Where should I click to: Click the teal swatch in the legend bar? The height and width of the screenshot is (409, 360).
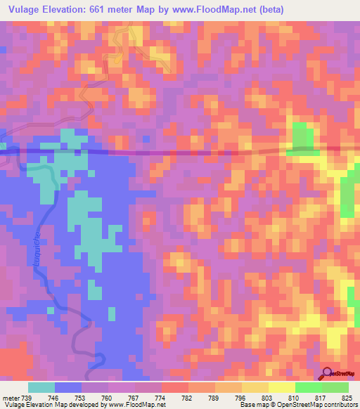tap(41, 387)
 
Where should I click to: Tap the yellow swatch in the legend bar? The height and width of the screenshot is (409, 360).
tap(281, 387)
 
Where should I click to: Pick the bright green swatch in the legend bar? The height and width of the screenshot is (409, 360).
tap(308, 387)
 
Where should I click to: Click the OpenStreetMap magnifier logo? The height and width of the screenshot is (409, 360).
tap(328, 373)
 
